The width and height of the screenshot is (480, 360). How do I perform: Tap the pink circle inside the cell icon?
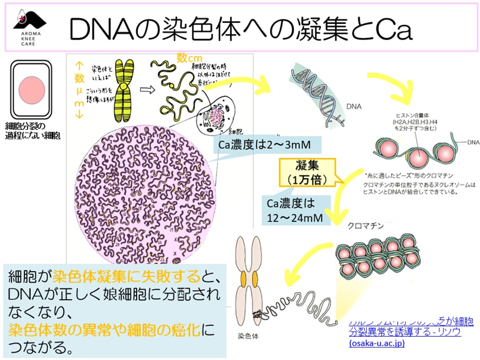click(x=31, y=88)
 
